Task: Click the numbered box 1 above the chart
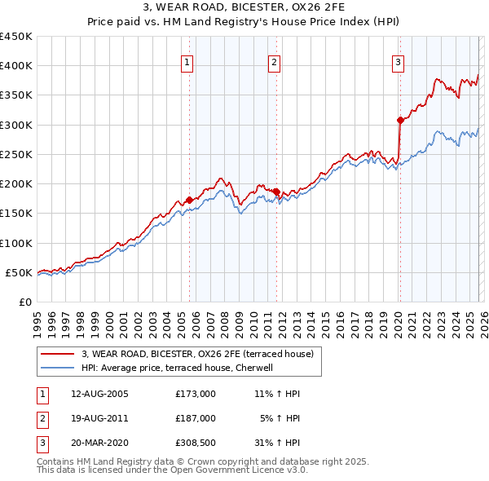tap(188, 62)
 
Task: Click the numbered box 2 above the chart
tap(275, 62)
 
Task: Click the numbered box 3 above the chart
tap(399, 62)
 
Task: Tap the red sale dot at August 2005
tap(189, 200)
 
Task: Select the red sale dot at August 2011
tap(276, 192)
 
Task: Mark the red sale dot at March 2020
tap(400, 120)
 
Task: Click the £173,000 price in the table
tap(195, 394)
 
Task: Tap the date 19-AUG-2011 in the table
tap(99, 417)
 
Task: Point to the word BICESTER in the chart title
tap(244, 7)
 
